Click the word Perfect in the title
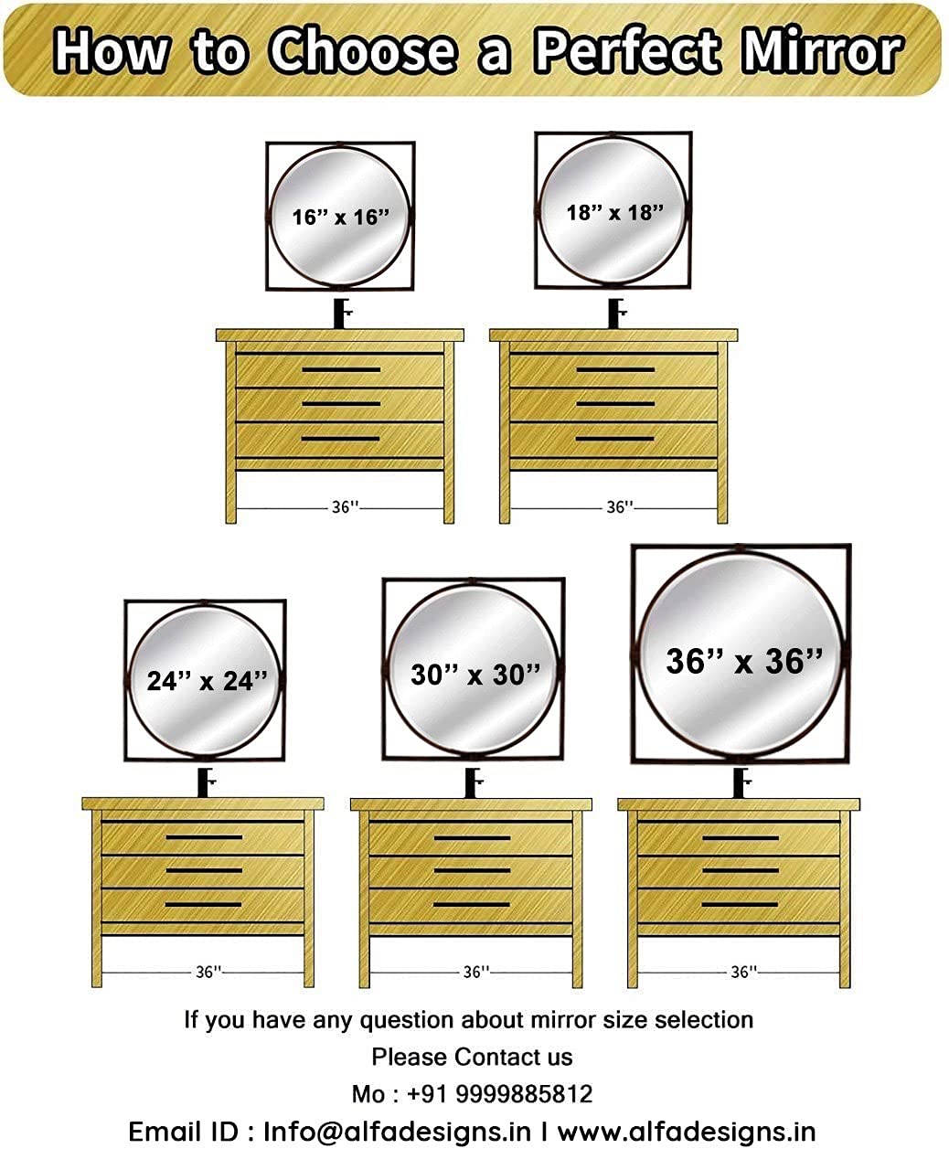point(627,50)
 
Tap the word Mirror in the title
point(822,50)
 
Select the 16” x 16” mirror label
point(341,218)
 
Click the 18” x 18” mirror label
point(615,213)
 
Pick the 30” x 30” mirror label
point(476,675)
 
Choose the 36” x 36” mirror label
point(744,661)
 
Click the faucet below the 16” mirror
point(342,314)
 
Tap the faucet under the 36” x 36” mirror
point(741,782)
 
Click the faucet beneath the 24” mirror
point(206,782)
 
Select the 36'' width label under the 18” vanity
point(620,507)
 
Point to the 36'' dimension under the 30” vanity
point(476,973)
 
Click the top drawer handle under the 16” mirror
point(341,369)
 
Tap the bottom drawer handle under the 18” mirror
point(615,439)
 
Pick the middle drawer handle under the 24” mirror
point(204,870)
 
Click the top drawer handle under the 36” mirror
point(741,837)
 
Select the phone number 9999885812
point(524,1093)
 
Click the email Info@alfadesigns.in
point(398,1132)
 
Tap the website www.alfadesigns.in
point(687,1132)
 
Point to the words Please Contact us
point(472,1057)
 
